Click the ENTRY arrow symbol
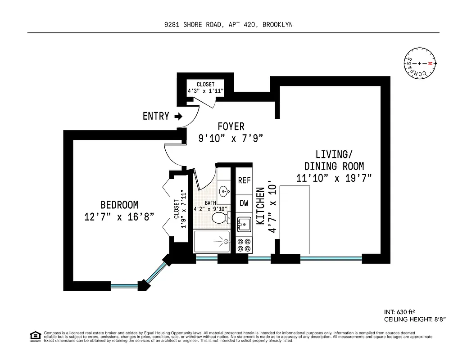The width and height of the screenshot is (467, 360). point(178,117)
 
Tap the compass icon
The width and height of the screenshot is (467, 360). point(420,63)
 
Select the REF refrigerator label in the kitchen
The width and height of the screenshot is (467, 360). point(244,180)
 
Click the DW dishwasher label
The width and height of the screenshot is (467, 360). point(244,203)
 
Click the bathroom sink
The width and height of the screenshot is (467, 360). point(224,191)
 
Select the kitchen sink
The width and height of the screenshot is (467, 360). point(244,223)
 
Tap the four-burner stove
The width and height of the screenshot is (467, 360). point(244,245)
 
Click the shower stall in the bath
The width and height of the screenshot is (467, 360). point(214,242)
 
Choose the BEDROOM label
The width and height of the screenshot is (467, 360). point(119,205)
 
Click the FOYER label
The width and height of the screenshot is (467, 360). point(231,126)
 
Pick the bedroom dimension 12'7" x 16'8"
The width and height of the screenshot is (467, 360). point(119,217)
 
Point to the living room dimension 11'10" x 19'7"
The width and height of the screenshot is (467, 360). point(334,178)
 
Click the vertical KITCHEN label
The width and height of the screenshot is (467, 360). point(260,206)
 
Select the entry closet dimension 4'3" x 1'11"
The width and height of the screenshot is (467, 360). point(205,90)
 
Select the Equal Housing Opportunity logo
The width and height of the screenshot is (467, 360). point(34,336)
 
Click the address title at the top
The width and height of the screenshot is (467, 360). point(228,25)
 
